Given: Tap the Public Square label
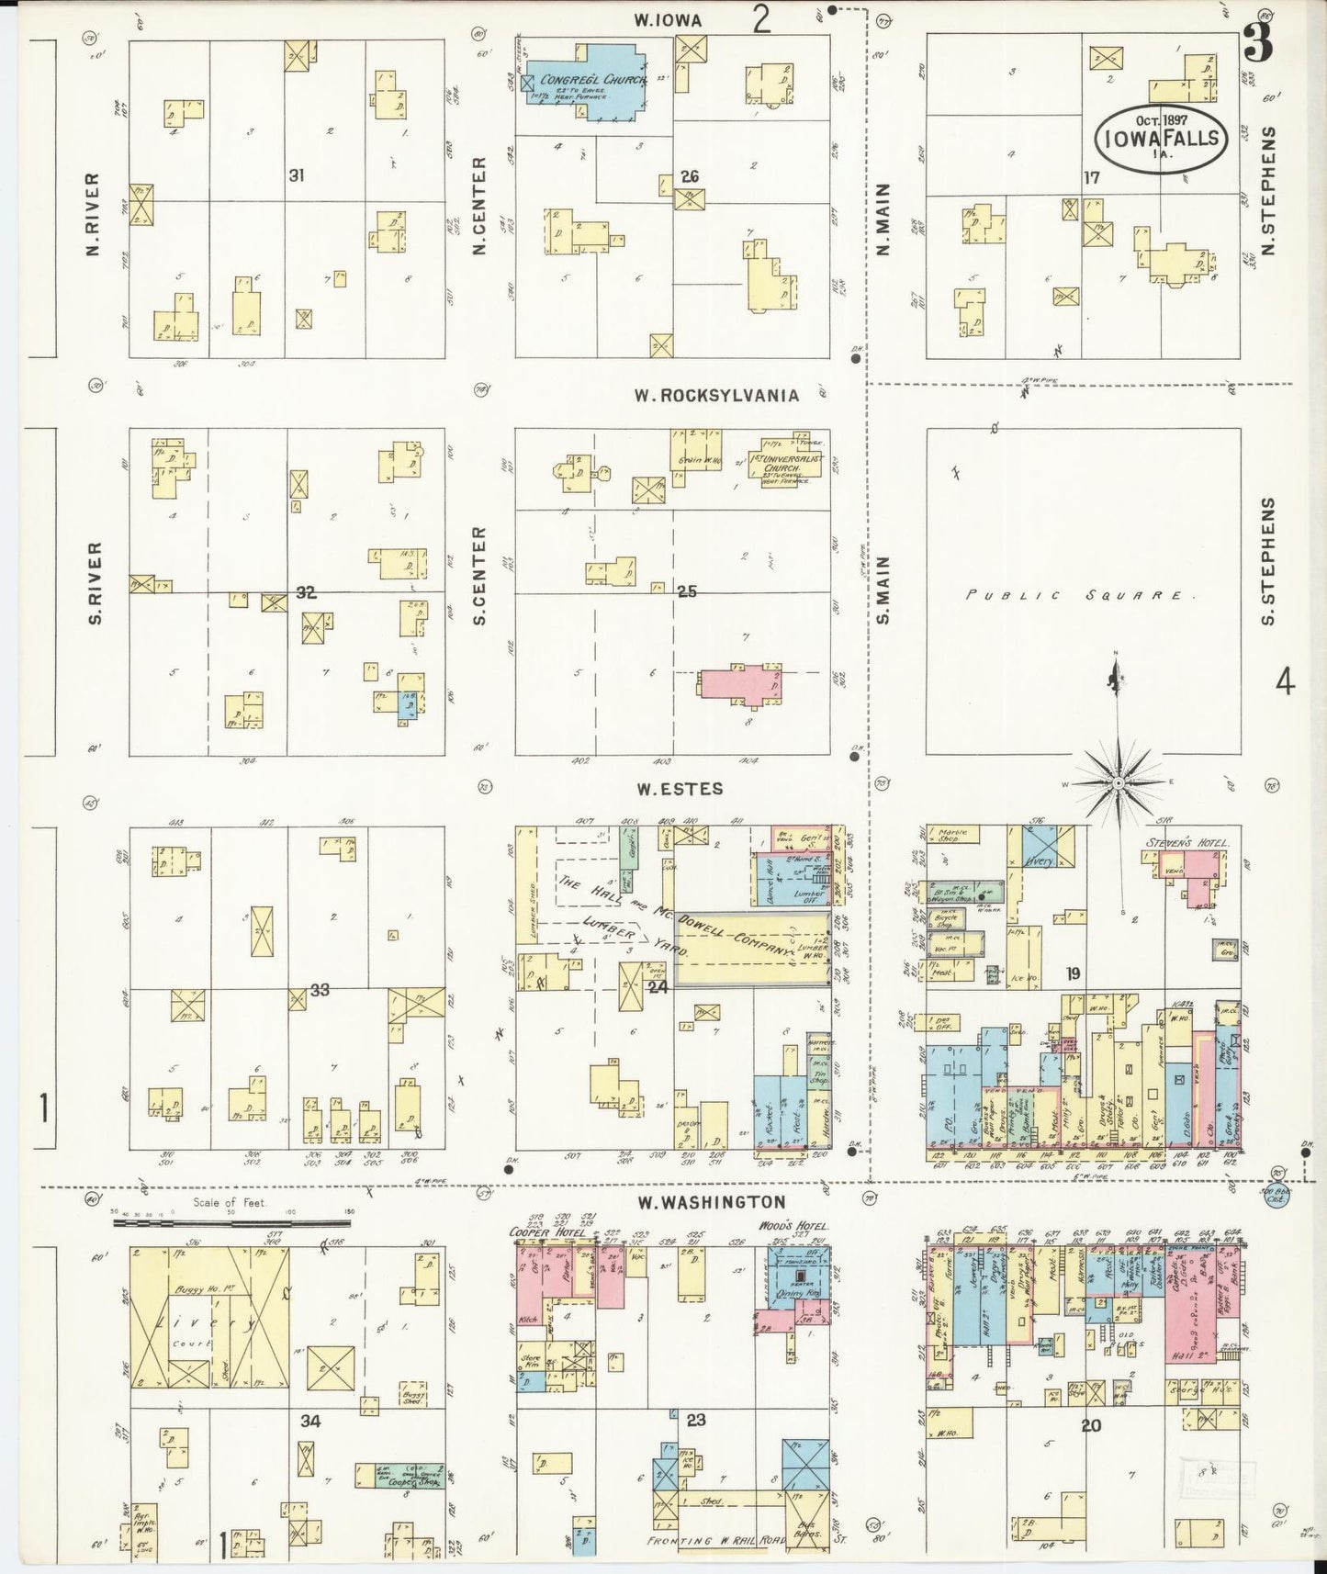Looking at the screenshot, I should coord(1079,595).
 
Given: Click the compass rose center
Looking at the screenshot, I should coord(1118,783).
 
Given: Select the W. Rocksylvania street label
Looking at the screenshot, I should coord(716,395).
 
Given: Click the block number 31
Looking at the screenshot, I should coord(296,174).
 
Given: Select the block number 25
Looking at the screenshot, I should coord(686,591).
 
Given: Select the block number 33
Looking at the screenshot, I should coord(319,990).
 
